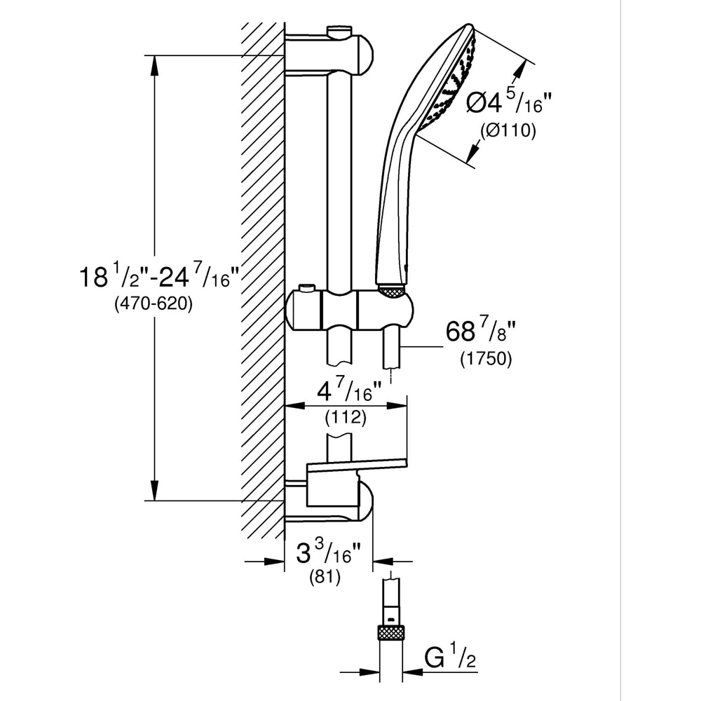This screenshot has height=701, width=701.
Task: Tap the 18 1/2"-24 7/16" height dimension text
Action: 161,278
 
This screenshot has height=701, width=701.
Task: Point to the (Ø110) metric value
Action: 508,130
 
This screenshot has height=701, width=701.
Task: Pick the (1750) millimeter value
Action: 486,358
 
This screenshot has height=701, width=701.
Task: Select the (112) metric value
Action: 346,418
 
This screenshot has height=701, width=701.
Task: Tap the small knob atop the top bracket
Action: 339,30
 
